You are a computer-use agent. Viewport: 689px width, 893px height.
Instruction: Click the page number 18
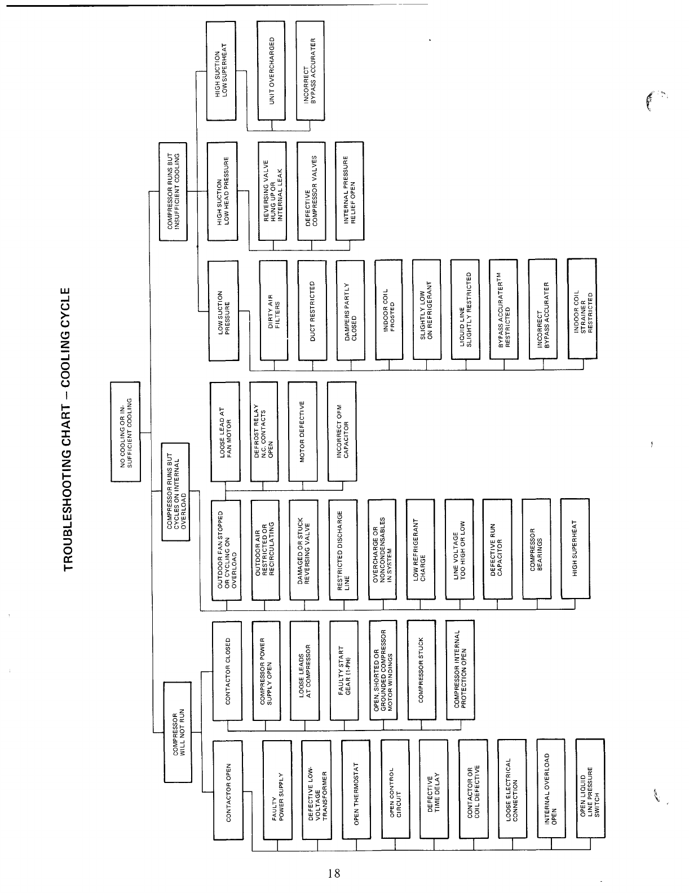click(333, 873)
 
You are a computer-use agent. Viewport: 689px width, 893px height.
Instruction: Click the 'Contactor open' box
click(228, 790)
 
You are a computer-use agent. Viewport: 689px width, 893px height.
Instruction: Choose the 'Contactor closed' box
click(227, 670)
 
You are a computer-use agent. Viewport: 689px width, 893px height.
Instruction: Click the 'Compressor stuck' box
click(421, 670)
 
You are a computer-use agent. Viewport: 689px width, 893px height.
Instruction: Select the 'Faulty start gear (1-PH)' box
click(344, 670)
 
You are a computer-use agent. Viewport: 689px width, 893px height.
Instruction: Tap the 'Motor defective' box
click(302, 432)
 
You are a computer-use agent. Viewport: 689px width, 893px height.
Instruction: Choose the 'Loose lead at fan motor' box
click(225, 432)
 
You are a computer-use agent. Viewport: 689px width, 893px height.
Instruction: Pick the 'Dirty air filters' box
click(273, 310)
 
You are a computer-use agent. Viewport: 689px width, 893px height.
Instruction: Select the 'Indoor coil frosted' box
click(389, 310)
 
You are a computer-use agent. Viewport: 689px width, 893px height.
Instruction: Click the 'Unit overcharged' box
click(272, 71)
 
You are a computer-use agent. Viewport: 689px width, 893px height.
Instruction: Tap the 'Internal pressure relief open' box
click(350, 192)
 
